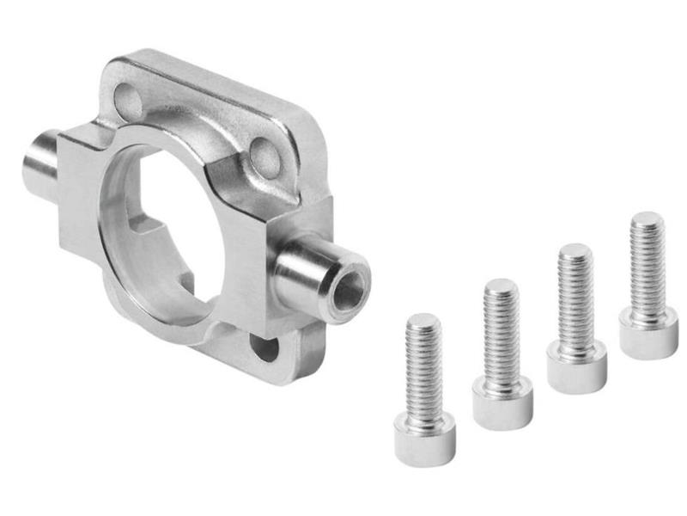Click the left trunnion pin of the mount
[40, 163]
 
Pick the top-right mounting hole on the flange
[264, 156]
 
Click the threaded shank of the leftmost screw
[423, 370]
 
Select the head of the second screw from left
[502, 402]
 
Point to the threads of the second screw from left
[501, 335]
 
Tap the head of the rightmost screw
[648, 333]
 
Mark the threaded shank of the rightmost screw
[647, 267]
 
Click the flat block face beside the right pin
[258, 258]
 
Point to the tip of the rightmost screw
[646, 218]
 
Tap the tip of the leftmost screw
[423, 321]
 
